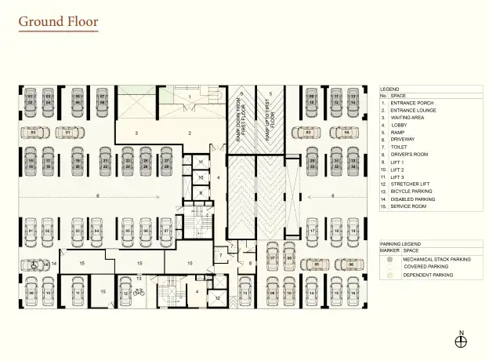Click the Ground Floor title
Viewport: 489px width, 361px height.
(x=59, y=22)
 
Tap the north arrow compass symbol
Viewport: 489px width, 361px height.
(x=461, y=340)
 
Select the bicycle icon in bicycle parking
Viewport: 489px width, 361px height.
(x=139, y=292)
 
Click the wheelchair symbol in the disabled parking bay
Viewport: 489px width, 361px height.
(x=35, y=265)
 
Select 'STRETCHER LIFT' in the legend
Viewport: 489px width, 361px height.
(x=412, y=184)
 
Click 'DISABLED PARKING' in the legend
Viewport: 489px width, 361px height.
(x=414, y=199)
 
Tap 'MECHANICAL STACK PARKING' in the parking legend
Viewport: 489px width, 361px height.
(x=436, y=258)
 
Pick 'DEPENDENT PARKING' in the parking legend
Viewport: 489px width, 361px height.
(x=428, y=275)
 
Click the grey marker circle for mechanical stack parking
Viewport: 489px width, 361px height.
(x=389, y=258)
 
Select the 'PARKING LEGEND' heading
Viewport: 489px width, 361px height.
(x=400, y=244)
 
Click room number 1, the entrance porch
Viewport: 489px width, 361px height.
(x=190, y=97)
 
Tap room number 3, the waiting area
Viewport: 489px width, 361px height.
(x=136, y=133)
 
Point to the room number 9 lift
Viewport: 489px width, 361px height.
(x=201, y=192)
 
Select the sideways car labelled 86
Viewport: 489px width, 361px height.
(x=351, y=264)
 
